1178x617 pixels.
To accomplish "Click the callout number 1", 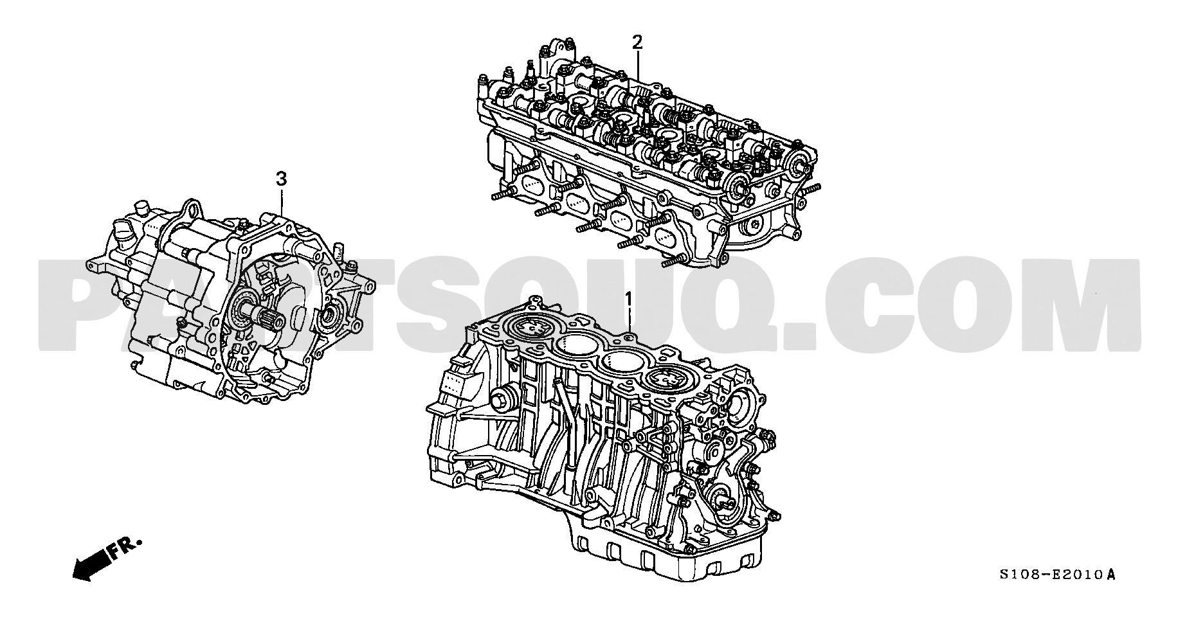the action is (x=630, y=298).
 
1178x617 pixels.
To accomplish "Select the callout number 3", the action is (x=281, y=179).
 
